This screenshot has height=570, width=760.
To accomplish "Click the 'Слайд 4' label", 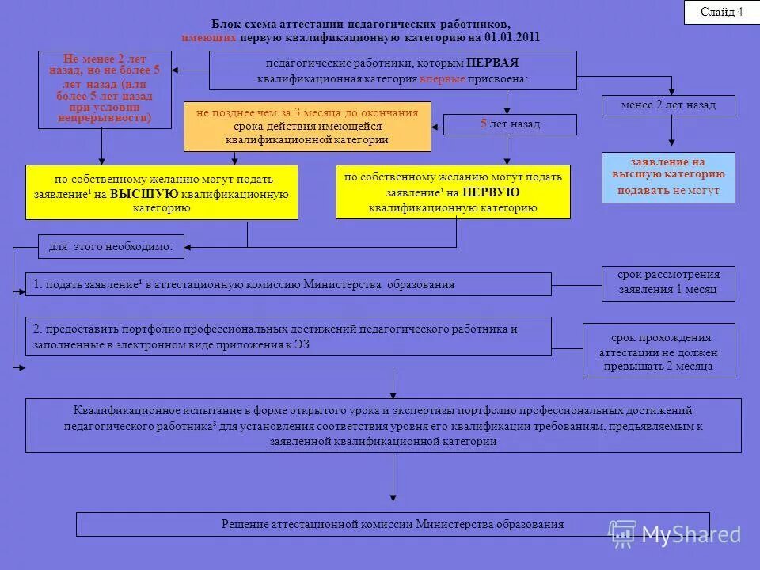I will [x=721, y=12].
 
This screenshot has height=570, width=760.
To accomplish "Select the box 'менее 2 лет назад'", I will [x=668, y=105].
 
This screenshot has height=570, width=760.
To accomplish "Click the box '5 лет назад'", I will [x=510, y=124].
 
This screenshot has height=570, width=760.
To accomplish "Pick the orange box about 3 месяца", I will [x=307, y=127].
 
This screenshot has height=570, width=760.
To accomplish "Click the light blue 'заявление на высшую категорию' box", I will [x=668, y=177].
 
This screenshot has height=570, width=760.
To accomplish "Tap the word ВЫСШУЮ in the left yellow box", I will [x=144, y=194].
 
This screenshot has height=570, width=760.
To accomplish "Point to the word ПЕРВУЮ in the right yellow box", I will [x=491, y=192].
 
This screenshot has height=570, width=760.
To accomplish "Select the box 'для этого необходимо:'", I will [x=111, y=247].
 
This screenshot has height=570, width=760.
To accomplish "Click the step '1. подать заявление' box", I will [x=288, y=284].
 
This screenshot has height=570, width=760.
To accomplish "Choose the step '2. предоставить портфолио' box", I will [x=288, y=336].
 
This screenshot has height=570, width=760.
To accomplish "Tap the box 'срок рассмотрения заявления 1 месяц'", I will [x=668, y=283].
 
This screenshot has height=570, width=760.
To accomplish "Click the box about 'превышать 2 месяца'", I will [x=659, y=351].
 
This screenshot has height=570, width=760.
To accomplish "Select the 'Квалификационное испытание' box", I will [x=383, y=425].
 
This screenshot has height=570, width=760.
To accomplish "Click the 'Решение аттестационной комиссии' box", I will [x=393, y=524].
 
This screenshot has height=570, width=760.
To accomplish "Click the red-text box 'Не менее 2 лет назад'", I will [x=104, y=89].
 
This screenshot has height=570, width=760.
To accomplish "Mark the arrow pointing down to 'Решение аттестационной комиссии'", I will [x=393, y=483].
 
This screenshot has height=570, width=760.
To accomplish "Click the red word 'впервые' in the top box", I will [x=442, y=79].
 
